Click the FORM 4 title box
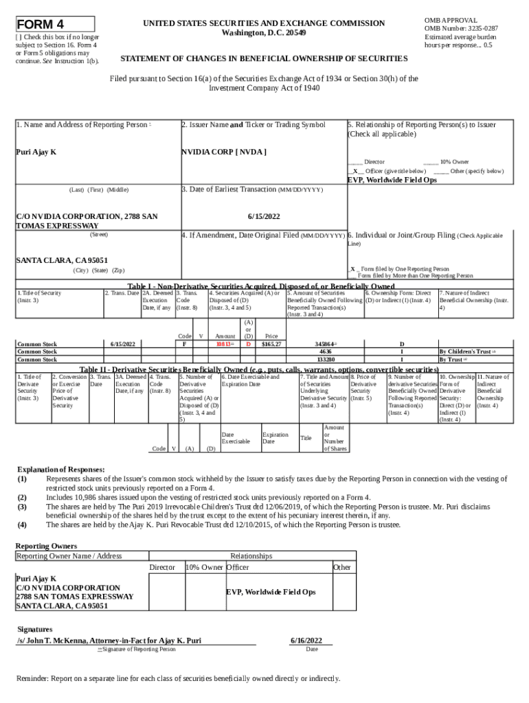(55, 24)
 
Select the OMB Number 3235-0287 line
(461, 29)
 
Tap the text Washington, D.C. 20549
(264, 33)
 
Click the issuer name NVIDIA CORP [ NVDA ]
(224, 151)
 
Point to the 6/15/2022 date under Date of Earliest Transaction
(263, 216)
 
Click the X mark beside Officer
(354, 170)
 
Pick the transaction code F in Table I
(185, 343)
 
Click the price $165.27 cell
(273, 343)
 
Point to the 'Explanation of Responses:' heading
(61, 470)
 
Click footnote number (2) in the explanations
(22, 497)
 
